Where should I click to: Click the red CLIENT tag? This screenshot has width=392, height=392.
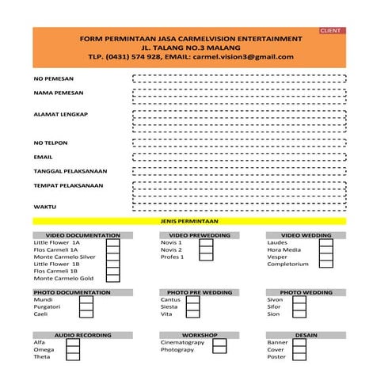pos(331,30)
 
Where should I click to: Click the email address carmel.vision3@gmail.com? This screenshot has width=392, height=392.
pos(243,57)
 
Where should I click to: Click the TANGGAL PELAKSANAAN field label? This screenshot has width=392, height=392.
pos(70,171)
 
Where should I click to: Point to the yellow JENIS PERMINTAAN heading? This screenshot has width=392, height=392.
pos(189,221)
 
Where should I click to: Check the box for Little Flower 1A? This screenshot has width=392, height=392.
pos(113,242)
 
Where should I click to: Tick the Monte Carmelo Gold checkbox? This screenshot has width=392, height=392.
pos(113,278)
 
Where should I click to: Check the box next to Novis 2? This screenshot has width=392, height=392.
pos(207,249)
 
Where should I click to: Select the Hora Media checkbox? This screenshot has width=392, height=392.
pos(325,249)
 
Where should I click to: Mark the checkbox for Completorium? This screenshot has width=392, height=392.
pos(325,264)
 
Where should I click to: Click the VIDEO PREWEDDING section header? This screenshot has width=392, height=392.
pos(200,235)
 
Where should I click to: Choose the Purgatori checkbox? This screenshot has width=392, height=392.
pos(113,306)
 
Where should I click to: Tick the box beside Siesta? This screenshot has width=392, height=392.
pos(207,306)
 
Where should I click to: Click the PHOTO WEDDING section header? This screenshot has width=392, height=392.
pos(306,292)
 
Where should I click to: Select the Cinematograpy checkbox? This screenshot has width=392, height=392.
pos(219,342)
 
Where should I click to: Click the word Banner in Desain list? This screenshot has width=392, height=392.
pos(277,342)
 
